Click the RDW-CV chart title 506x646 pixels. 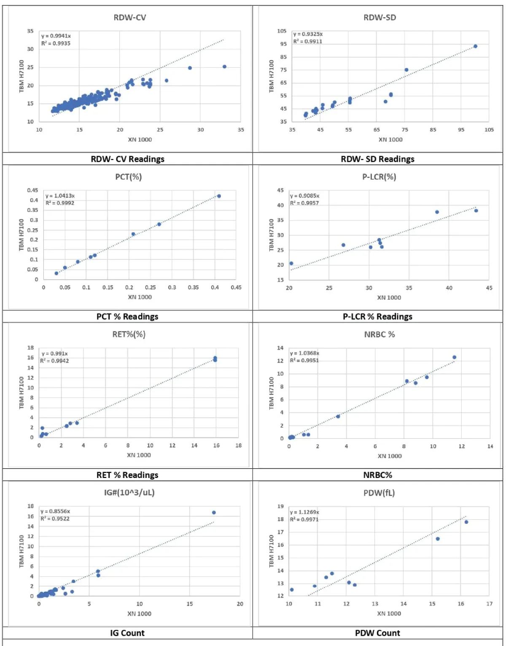click(x=130, y=18)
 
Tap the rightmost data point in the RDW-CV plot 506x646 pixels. click(x=224, y=67)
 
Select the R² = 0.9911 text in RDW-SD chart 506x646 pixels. click(x=308, y=41)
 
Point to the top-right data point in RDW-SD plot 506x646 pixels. click(x=475, y=46)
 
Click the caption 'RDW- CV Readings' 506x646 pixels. click(x=127, y=159)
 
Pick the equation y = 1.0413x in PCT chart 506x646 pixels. click(x=60, y=196)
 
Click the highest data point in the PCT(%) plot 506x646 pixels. click(x=219, y=196)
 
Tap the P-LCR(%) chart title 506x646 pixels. click(x=379, y=177)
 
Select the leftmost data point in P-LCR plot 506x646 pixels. click(x=291, y=264)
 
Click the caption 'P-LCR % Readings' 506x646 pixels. click(x=377, y=317)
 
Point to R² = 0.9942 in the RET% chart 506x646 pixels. click(x=55, y=361)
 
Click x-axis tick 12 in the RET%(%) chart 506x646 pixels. click(x=172, y=446)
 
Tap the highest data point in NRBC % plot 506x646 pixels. click(x=455, y=357)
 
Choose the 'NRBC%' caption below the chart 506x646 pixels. click(x=377, y=475)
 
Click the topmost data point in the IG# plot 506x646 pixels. click(x=214, y=513)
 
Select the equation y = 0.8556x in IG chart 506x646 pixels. click(x=55, y=511)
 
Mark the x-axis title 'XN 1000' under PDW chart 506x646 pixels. click(x=389, y=614)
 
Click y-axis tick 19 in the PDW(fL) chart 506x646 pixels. click(x=280, y=506)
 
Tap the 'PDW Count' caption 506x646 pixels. click(x=377, y=633)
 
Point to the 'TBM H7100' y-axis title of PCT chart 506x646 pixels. click(x=22, y=235)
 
